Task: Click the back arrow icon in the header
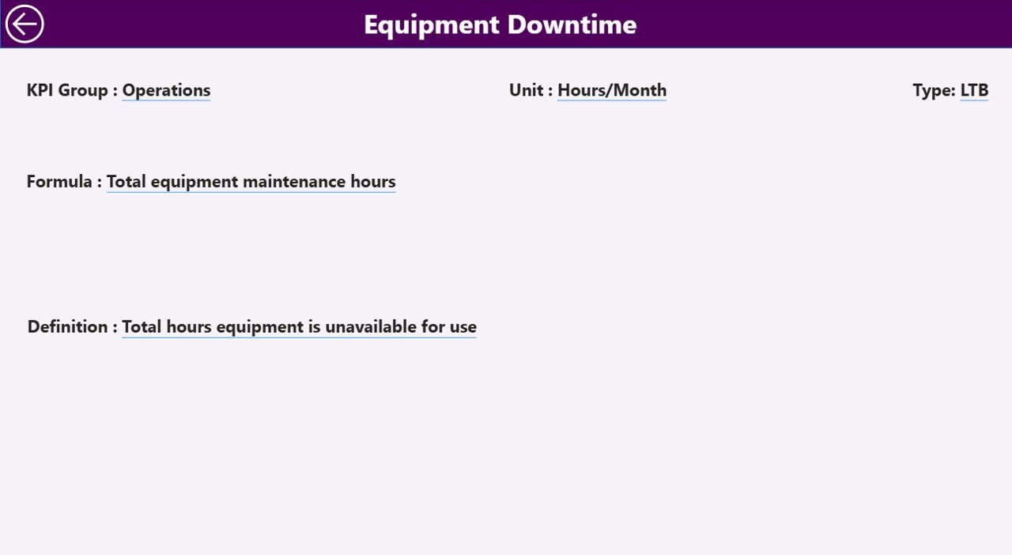[x=25, y=24]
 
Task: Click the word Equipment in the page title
[x=432, y=25]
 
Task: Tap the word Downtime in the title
[x=572, y=25]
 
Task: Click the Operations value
[x=166, y=90]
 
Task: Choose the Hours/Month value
[x=612, y=90]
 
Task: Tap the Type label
[x=932, y=90]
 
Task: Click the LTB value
[x=974, y=90]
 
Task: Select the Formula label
[x=59, y=182]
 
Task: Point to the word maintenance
[x=294, y=182]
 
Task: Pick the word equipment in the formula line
[x=194, y=182]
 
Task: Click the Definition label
[x=67, y=327]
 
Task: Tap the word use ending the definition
[x=463, y=327]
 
